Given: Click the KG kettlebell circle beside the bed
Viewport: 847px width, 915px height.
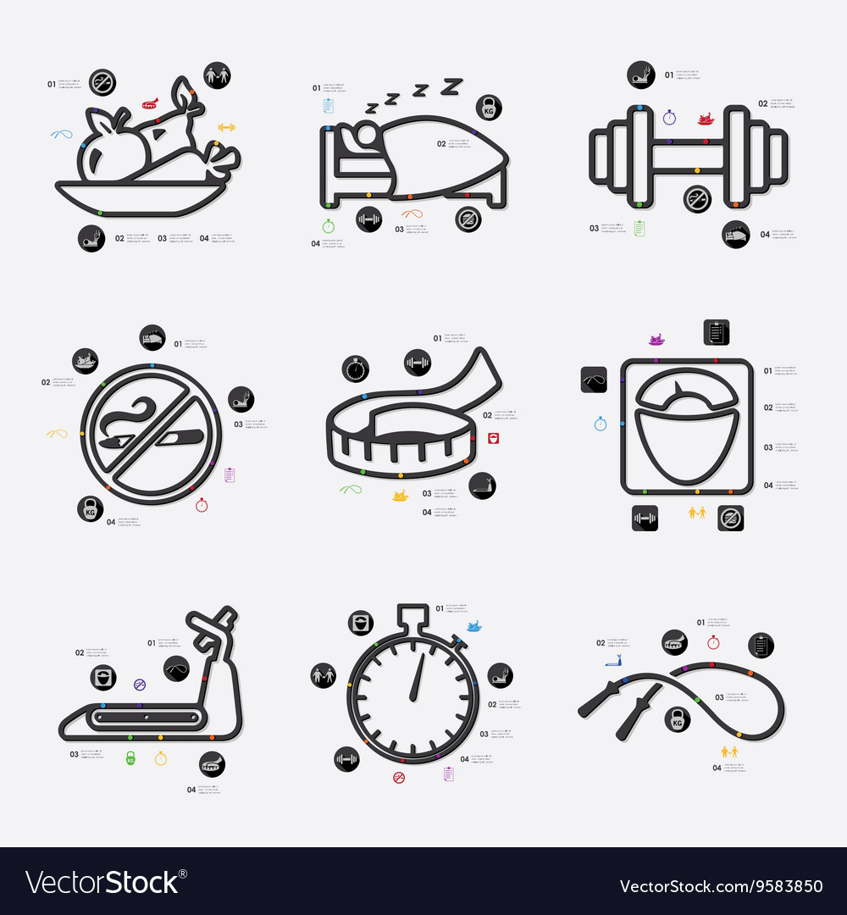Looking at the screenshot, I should (x=489, y=107).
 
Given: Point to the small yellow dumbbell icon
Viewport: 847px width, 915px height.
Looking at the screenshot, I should (x=226, y=127).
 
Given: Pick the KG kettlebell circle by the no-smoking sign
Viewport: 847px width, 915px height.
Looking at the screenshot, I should (x=90, y=508).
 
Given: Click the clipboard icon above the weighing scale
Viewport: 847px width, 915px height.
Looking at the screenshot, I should (x=717, y=332).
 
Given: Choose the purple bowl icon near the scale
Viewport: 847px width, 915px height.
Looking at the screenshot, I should (x=657, y=340).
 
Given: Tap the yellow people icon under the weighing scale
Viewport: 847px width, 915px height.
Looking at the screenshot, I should (x=697, y=513).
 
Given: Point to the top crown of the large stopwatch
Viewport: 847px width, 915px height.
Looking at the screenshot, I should (x=413, y=613).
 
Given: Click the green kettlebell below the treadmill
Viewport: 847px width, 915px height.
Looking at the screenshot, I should (x=130, y=757).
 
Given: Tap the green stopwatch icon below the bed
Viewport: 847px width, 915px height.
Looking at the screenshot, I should (x=328, y=226).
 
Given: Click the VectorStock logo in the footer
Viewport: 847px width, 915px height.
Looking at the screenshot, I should (x=102, y=883).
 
